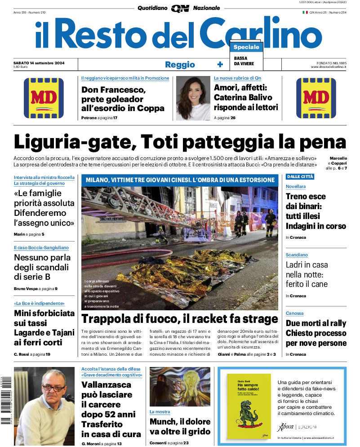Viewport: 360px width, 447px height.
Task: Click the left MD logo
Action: (44, 98)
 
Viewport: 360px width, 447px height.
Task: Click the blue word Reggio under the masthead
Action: (180, 64)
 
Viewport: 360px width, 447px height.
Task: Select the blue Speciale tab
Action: (246, 47)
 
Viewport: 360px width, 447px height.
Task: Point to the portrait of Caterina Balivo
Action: (193, 98)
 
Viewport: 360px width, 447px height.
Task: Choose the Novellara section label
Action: (296, 186)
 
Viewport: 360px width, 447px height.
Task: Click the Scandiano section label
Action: (297, 255)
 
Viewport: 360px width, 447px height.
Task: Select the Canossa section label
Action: (295, 313)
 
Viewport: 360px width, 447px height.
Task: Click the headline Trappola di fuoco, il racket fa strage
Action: (180, 319)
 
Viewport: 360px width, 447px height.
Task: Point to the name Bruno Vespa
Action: (26, 288)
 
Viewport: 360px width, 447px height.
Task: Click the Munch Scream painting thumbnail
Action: (179, 386)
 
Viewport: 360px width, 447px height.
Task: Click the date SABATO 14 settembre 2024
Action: (39, 63)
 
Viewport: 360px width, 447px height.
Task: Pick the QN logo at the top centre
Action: (180, 8)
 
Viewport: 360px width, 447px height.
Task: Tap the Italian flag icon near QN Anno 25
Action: (305, 12)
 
